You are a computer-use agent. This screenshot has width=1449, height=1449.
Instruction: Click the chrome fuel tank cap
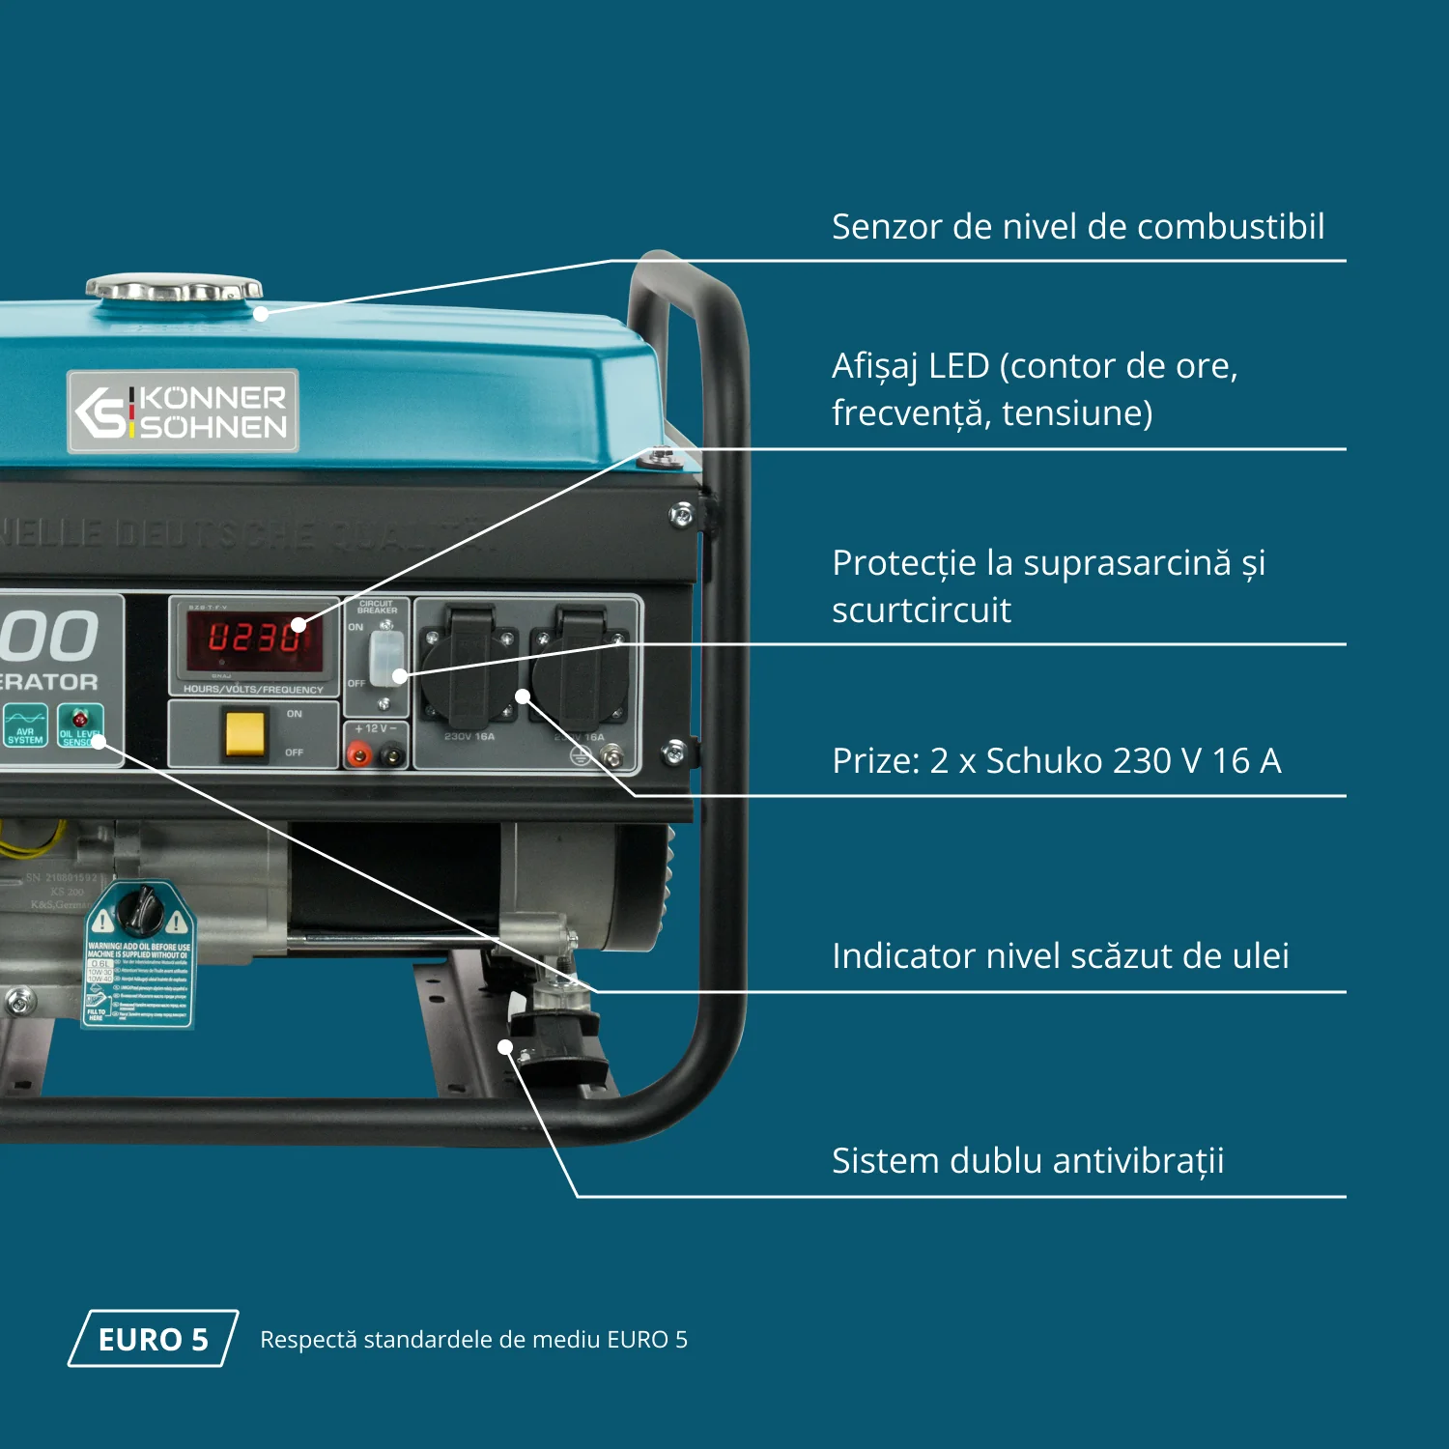click(174, 288)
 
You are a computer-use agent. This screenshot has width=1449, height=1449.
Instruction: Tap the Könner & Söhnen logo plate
click(183, 412)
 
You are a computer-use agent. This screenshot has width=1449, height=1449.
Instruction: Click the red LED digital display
click(254, 638)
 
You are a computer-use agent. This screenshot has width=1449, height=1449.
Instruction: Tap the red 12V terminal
click(359, 755)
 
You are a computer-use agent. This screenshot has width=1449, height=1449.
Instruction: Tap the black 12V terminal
click(392, 755)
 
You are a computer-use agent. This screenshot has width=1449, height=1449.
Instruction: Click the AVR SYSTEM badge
click(25, 724)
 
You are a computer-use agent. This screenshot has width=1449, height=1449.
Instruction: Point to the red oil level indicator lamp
click(79, 720)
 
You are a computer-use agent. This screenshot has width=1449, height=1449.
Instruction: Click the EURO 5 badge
click(153, 1339)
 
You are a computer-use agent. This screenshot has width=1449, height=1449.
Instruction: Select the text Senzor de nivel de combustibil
click(1077, 227)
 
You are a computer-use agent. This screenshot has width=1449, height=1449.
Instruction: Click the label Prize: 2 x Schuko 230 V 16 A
click(1056, 761)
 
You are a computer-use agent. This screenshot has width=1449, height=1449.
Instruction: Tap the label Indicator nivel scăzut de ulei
click(1060, 956)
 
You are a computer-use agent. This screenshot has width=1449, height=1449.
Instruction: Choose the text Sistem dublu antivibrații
click(1027, 1161)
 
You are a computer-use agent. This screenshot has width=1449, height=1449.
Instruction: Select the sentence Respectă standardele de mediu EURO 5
click(473, 1340)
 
